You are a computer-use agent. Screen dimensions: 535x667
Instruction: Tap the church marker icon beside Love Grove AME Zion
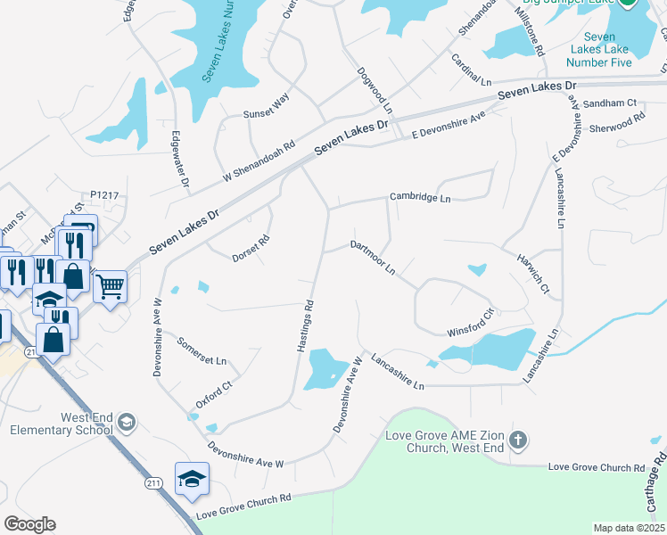coord(520,440)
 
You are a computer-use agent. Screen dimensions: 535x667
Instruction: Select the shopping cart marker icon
coord(110,286)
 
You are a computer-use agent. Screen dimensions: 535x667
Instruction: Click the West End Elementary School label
coord(62,424)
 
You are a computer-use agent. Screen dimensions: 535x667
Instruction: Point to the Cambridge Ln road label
coord(420,197)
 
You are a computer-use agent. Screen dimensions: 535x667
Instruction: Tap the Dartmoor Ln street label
coord(373,257)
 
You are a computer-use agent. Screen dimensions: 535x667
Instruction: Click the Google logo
coord(29,524)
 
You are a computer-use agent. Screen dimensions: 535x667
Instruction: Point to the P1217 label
coord(103,194)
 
